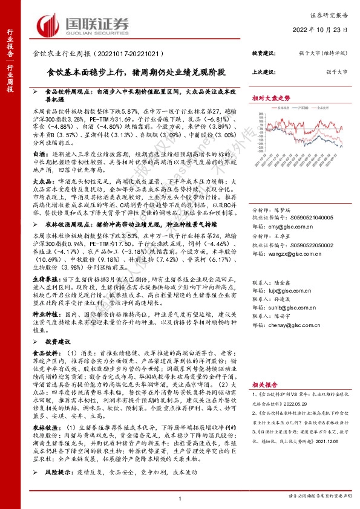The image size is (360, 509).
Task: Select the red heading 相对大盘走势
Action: point(271,97)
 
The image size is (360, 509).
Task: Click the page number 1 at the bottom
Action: point(180,498)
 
